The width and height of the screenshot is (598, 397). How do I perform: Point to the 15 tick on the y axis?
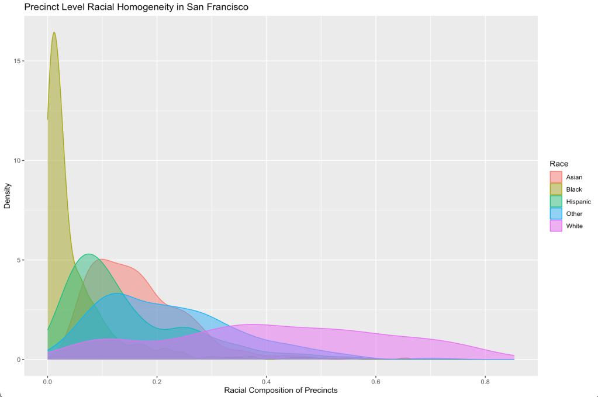coord(16,61)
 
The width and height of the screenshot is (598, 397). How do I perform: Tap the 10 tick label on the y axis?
coord(16,161)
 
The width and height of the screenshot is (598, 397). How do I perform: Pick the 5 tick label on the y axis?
coord(18,260)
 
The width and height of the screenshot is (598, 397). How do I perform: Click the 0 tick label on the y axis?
coord(18,360)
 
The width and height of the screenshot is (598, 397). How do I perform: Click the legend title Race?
coord(559,164)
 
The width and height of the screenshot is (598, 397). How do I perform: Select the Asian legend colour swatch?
coord(556,177)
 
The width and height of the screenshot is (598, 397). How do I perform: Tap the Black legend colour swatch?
coord(556,189)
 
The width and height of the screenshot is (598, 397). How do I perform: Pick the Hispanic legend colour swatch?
coord(556,202)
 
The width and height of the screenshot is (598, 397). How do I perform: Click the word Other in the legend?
coord(574,214)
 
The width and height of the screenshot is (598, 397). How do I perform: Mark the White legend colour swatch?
coord(556,226)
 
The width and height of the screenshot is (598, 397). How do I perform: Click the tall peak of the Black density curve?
coord(54,33)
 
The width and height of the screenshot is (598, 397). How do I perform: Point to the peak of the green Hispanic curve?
coord(89,254)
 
